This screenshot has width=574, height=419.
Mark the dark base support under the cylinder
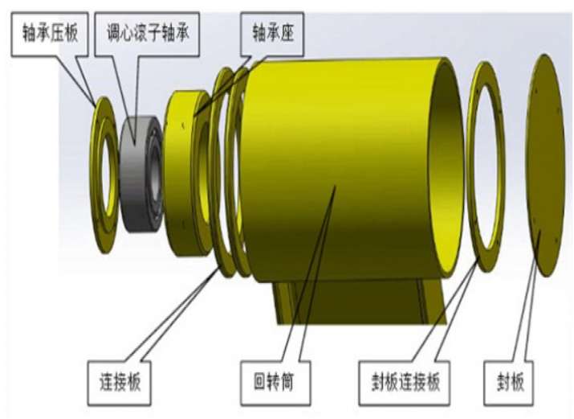pyautogui.click(x=353, y=302)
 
